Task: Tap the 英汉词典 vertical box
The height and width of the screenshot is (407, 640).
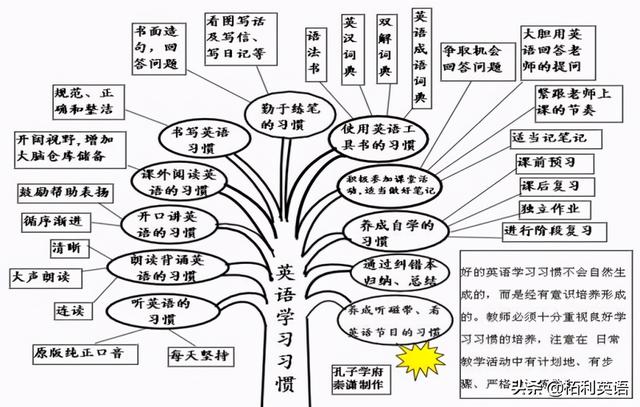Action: (x=352, y=51)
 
